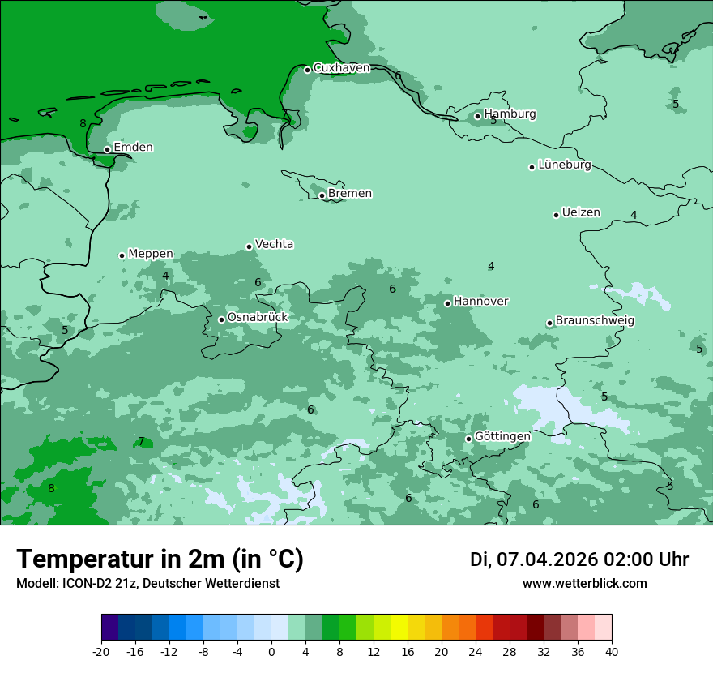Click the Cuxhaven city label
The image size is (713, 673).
(x=341, y=68)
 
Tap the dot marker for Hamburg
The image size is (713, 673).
(x=477, y=116)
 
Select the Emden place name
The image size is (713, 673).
(x=133, y=148)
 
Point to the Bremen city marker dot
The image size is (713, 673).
(x=322, y=195)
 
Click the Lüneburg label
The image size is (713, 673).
(x=564, y=165)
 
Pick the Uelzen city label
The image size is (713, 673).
(x=581, y=212)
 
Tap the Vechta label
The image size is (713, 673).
(x=274, y=244)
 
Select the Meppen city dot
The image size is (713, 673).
(x=122, y=255)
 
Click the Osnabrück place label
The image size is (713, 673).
(x=257, y=317)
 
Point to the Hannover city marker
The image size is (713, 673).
(x=447, y=303)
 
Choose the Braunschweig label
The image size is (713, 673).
(x=595, y=320)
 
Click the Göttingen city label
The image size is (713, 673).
(x=502, y=436)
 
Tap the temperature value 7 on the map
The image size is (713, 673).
(x=141, y=442)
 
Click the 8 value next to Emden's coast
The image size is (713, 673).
(x=83, y=124)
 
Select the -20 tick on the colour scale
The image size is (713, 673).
(x=101, y=652)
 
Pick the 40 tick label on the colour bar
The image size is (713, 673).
(x=612, y=652)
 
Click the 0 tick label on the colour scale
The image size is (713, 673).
(x=271, y=652)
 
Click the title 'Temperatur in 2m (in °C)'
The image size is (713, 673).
(x=160, y=559)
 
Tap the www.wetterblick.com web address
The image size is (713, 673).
(x=584, y=583)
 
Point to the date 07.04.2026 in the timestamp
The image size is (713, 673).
(x=547, y=559)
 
